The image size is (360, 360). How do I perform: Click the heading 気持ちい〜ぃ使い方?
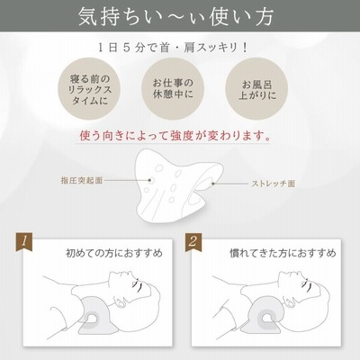(175, 16)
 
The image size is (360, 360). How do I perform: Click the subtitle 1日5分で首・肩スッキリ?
(173, 48)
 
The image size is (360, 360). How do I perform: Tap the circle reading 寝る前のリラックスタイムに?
(89, 89)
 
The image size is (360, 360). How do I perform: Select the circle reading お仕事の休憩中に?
(173, 89)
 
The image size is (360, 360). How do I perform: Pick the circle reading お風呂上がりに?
(256, 89)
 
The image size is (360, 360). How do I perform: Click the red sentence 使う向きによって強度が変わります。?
(175, 136)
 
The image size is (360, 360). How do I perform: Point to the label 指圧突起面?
(82, 180)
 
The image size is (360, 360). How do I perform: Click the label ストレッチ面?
(274, 184)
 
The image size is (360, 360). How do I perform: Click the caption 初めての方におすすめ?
(114, 253)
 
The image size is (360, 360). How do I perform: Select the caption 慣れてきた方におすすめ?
(283, 253)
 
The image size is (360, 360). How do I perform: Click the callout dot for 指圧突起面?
(149, 180)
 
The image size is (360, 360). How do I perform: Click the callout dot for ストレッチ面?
(213, 184)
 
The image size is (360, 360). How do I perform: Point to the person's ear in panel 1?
(120, 302)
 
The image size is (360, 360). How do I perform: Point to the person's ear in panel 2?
(290, 302)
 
